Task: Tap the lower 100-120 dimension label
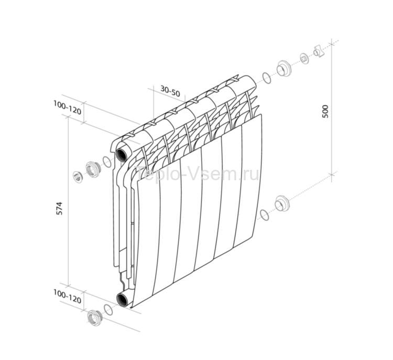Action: click(x=67, y=299)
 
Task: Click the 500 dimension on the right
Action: click(x=325, y=111)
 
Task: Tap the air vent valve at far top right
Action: click(x=318, y=51)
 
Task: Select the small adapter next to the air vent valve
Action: click(x=304, y=58)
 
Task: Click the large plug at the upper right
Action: click(x=284, y=68)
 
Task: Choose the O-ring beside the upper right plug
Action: click(x=267, y=78)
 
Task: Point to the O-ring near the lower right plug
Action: click(x=265, y=214)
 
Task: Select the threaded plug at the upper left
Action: click(x=94, y=168)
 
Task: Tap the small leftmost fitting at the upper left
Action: click(x=78, y=176)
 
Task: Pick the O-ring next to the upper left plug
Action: click(x=107, y=161)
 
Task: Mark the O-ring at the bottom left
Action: click(x=108, y=310)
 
